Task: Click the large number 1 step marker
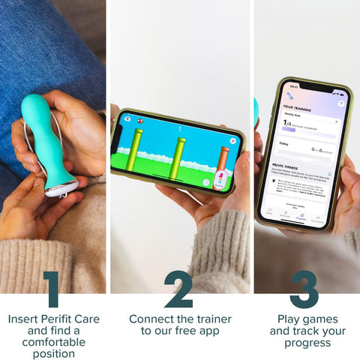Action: click(51, 289)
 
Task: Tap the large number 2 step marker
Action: click(178, 289)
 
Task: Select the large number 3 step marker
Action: click(304, 289)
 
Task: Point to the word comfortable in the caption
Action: click(53, 342)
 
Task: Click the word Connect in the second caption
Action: click(149, 319)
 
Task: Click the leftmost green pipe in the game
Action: click(135, 148)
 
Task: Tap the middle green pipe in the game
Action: click(178, 157)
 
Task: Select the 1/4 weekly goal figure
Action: click(286, 122)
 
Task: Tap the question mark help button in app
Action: click(340, 103)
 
